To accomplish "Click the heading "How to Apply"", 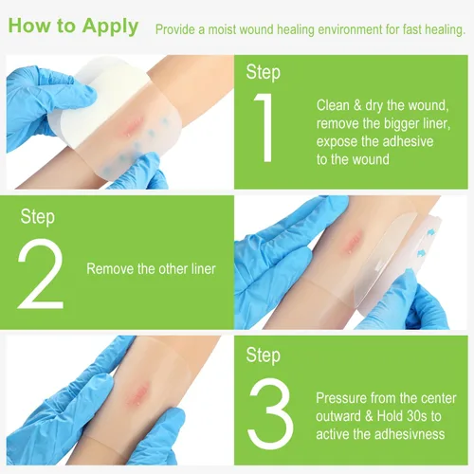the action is (73, 27).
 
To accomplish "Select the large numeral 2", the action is (41, 273).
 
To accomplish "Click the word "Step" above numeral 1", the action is (264, 73).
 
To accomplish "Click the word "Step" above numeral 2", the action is (38, 217).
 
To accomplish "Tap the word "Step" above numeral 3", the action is (264, 355).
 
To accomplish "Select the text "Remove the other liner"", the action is (151, 269).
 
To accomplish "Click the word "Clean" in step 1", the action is (333, 105).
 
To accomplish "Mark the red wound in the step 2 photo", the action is (352, 243).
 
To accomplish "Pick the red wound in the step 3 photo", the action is (137, 394).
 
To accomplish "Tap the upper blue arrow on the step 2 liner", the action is (430, 233).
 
